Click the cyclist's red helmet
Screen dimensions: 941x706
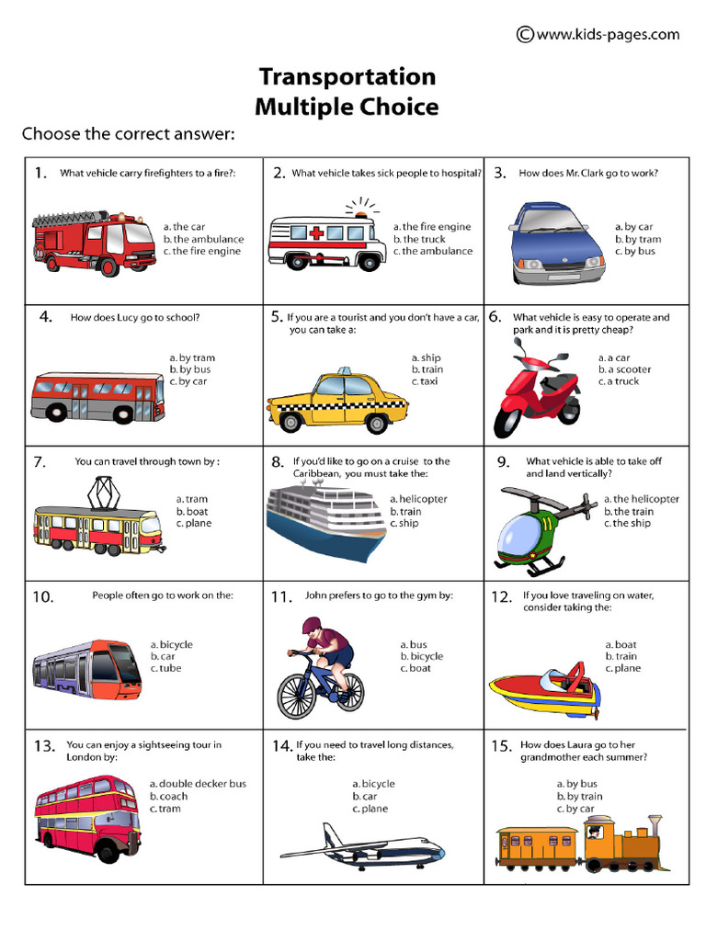[x=312, y=626]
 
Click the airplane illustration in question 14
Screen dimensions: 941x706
[x=362, y=847]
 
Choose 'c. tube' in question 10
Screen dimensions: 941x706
[x=166, y=668]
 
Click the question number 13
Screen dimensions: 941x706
[x=45, y=746]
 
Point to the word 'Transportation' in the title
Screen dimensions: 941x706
[x=347, y=75]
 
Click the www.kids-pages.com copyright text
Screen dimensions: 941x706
[x=598, y=35]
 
